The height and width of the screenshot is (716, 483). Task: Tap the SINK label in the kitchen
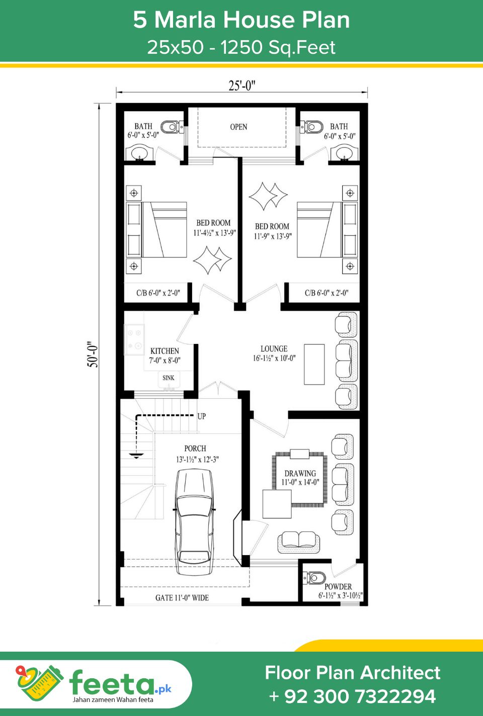(x=168, y=378)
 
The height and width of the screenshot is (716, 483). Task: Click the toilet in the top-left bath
(x=172, y=127)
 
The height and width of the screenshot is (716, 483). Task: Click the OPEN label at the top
(x=238, y=127)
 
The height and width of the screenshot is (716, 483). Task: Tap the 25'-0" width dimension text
(x=242, y=85)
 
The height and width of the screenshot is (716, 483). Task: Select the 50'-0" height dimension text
(x=93, y=354)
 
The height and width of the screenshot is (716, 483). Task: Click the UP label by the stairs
(x=202, y=416)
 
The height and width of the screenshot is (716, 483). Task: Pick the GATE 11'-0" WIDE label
(x=182, y=598)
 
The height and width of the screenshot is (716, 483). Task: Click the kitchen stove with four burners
(x=134, y=339)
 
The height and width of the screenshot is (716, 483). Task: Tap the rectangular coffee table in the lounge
(x=314, y=364)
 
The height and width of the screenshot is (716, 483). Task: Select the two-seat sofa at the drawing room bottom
(x=299, y=542)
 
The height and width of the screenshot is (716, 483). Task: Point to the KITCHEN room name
(x=165, y=350)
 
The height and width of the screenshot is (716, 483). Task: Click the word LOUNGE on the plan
(x=274, y=348)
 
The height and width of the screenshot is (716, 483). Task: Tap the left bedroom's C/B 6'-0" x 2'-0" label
(x=158, y=293)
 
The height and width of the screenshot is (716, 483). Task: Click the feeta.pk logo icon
(x=39, y=685)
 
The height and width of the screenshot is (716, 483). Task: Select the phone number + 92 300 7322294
(x=353, y=696)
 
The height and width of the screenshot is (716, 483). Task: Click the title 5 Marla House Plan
(x=242, y=20)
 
